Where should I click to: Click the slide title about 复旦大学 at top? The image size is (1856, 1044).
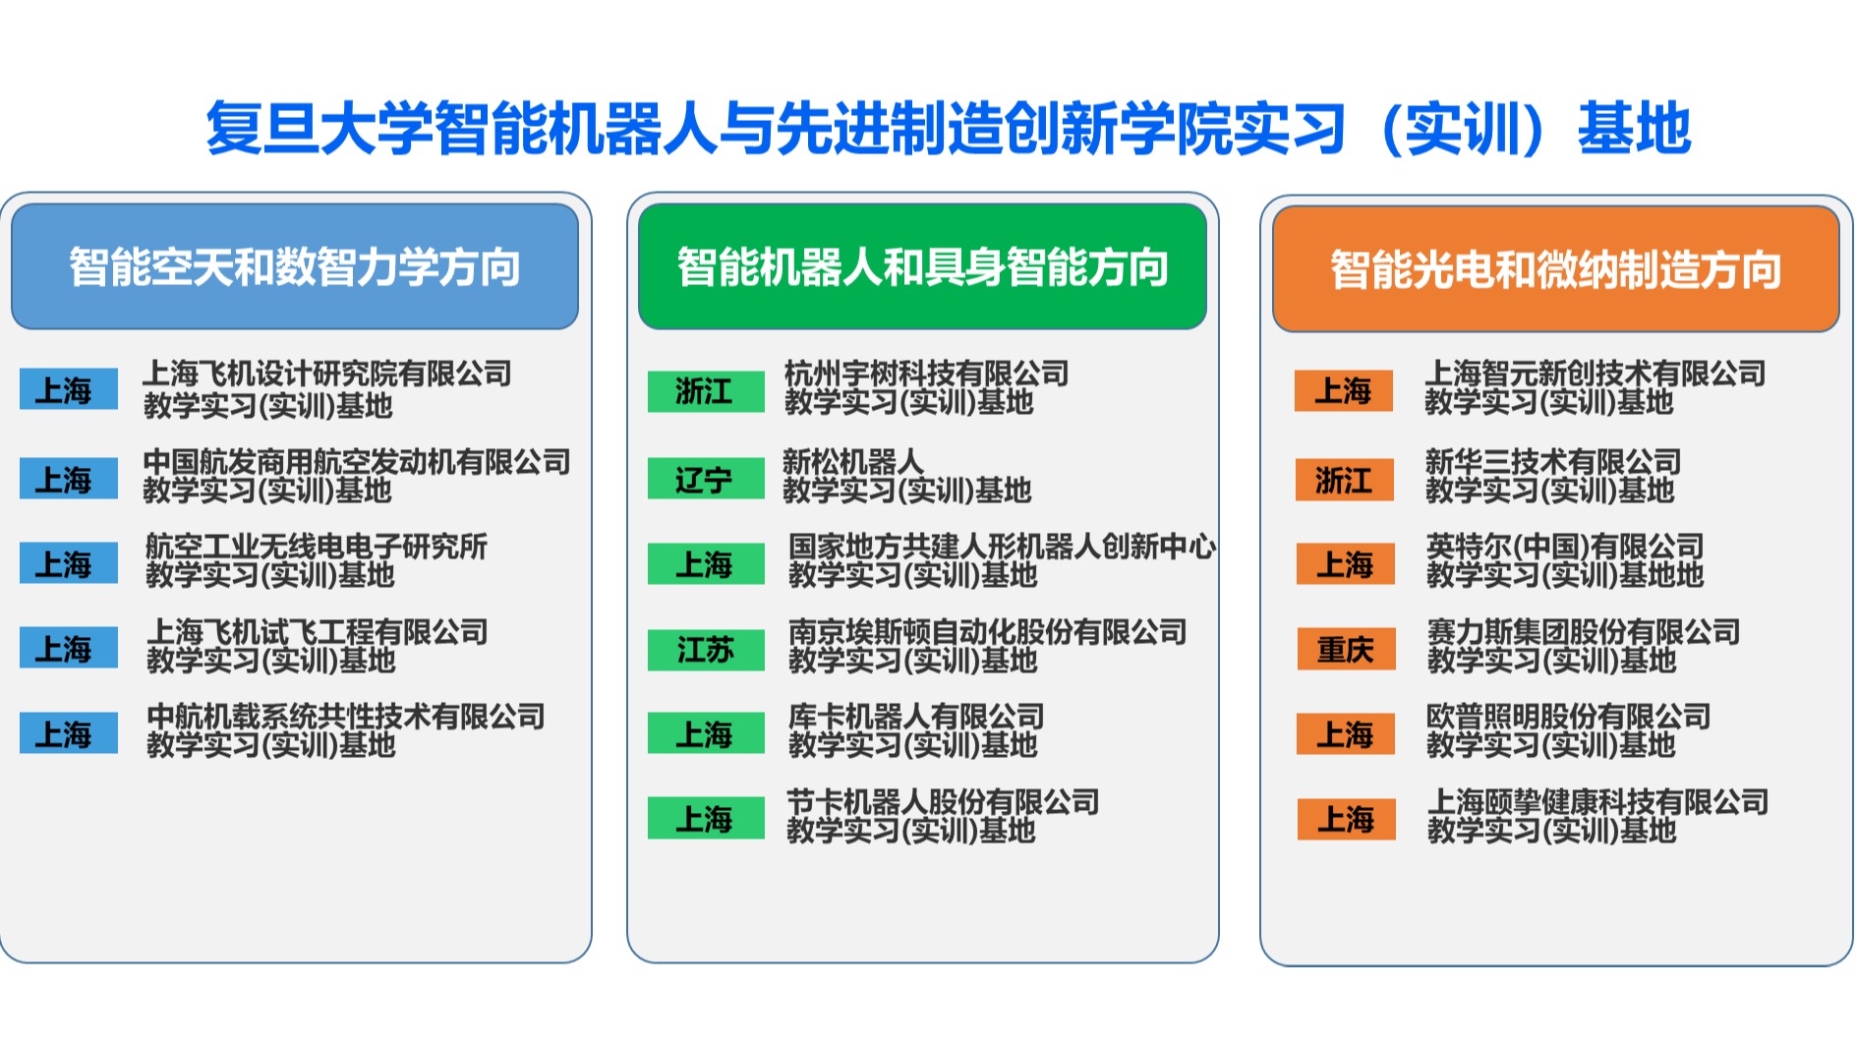[x=948, y=129]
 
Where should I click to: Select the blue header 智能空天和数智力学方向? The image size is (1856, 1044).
[x=295, y=266]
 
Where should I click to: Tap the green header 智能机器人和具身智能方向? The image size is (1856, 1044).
[x=922, y=266]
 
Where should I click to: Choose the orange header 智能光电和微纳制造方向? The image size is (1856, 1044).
[x=1555, y=268]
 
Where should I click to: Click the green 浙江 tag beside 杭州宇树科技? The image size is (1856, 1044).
[x=706, y=390]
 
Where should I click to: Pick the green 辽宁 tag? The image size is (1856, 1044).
[x=706, y=479]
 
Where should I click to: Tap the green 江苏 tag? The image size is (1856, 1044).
[x=706, y=650]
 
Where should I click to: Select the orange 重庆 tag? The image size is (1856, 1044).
[x=1345, y=649]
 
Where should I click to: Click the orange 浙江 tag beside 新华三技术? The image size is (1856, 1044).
[x=1344, y=480]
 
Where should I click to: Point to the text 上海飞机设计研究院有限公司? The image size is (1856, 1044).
[x=327, y=374]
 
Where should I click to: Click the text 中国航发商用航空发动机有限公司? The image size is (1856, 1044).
[x=357, y=461]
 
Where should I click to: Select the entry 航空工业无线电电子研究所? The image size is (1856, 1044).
[x=317, y=547]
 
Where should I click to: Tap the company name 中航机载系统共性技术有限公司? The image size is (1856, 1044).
[x=346, y=717]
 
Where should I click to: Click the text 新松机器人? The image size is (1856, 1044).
[x=853, y=461]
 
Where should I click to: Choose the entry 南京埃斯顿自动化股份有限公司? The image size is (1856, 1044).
[x=988, y=631]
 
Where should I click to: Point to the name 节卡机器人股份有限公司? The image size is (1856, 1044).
[x=943, y=802]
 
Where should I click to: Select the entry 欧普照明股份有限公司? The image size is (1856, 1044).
[x=1569, y=717]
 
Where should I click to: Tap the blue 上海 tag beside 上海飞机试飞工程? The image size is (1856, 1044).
[x=69, y=648]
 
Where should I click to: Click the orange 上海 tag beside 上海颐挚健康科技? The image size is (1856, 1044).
[x=1346, y=819]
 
